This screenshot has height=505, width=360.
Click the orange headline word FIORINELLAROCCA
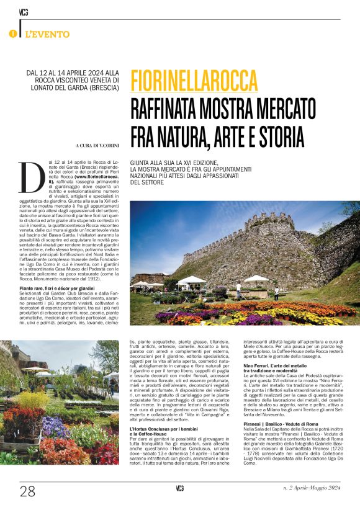(x=194, y=79)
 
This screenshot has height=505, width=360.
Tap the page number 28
(x=27, y=492)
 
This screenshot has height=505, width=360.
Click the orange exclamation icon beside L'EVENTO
(x=12, y=33)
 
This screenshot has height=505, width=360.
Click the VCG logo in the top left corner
(x=22, y=12)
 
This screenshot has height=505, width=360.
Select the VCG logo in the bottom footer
(x=179, y=490)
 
